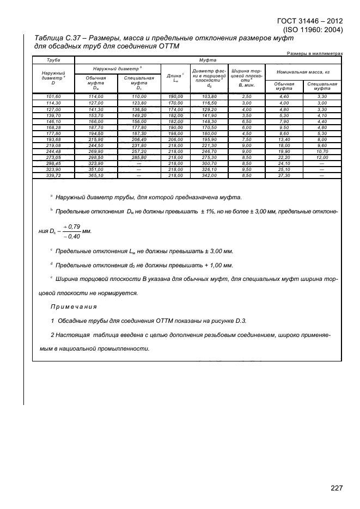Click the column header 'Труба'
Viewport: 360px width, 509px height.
(x=53, y=59)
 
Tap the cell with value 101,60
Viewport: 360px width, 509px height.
(x=53, y=96)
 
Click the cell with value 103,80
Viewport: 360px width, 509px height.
(x=209, y=96)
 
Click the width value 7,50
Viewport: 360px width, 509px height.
(x=246, y=139)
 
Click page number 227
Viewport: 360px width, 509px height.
(x=337, y=488)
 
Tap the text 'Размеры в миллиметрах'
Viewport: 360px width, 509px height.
(x=315, y=53)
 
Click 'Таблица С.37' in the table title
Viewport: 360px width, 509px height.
(x=58, y=39)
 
